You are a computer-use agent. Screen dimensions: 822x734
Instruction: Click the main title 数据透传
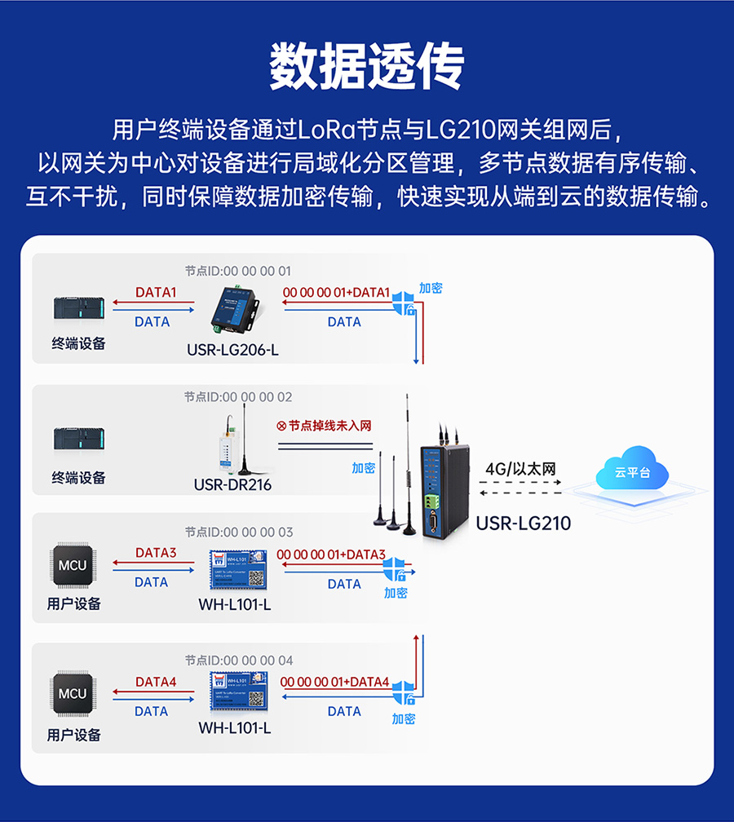tap(367, 66)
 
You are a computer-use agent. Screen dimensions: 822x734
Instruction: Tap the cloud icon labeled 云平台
tap(631, 472)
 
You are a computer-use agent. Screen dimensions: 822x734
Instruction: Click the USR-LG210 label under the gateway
tap(523, 523)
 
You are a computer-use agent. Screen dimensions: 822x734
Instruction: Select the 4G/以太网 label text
tap(520, 469)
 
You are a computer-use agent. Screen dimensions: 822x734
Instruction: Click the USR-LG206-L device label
tap(232, 351)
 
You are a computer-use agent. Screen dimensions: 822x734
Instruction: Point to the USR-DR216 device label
tap(232, 485)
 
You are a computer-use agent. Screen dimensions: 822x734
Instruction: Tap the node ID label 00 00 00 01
tap(237, 271)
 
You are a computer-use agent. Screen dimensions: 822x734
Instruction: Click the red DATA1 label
tap(156, 292)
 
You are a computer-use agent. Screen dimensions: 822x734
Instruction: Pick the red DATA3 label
tap(156, 553)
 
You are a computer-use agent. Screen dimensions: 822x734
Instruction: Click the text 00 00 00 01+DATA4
tap(334, 682)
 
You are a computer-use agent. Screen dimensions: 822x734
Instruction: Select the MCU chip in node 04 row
tap(72, 694)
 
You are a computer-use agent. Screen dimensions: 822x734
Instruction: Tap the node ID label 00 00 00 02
tap(237, 397)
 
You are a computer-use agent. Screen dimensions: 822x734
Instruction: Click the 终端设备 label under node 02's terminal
tap(78, 478)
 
